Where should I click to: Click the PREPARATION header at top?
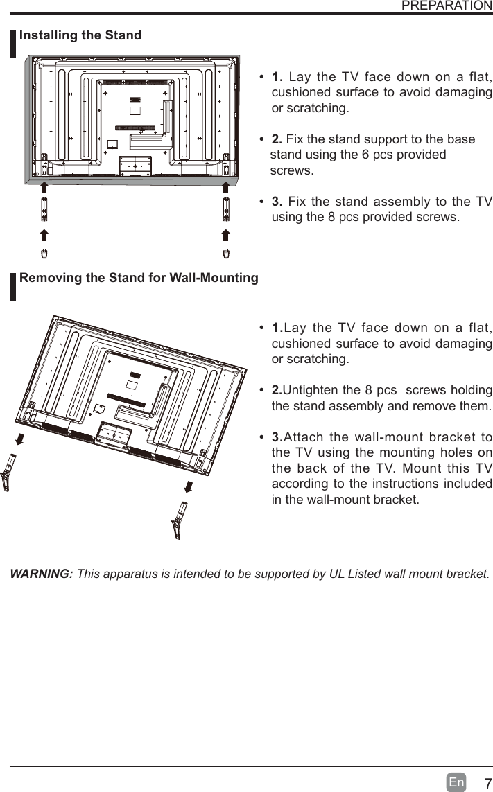pyautogui.click(x=447, y=6)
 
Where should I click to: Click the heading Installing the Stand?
pyautogui.click(x=80, y=35)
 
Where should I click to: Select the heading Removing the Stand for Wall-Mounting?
pyautogui.click(x=139, y=278)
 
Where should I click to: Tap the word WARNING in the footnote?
pyautogui.click(x=41, y=574)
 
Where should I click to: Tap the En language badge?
pyautogui.click(x=456, y=782)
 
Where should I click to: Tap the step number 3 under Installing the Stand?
pyautogui.click(x=277, y=202)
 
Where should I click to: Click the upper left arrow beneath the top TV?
pyautogui.click(x=43, y=188)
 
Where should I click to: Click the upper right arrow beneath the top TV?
pyautogui.click(x=226, y=188)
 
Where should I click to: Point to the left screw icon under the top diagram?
pyautogui.click(x=43, y=253)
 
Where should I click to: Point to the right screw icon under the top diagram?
pyautogui.click(x=226, y=253)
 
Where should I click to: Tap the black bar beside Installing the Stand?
pyautogui.click(x=12, y=44)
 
